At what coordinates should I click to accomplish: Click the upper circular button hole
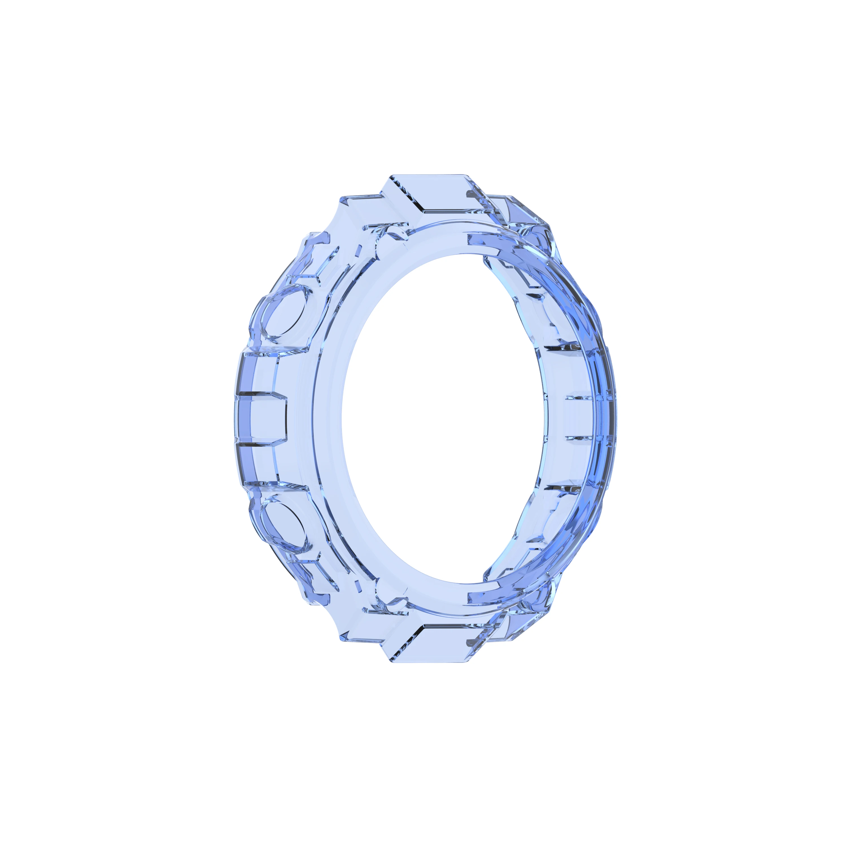(x=284, y=312)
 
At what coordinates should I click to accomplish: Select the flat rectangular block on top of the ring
(x=443, y=193)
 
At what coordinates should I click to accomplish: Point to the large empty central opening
(x=443, y=419)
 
